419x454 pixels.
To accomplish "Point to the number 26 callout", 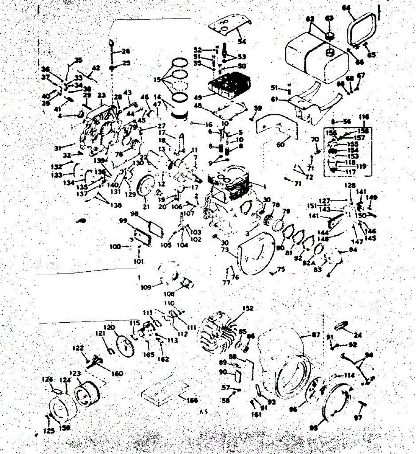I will (x=126, y=51).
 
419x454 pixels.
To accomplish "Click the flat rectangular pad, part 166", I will (x=165, y=391).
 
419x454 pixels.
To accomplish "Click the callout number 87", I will (x=315, y=335).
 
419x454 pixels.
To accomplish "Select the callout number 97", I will (x=358, y=418).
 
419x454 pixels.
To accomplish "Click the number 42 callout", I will (x=96, y=68).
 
